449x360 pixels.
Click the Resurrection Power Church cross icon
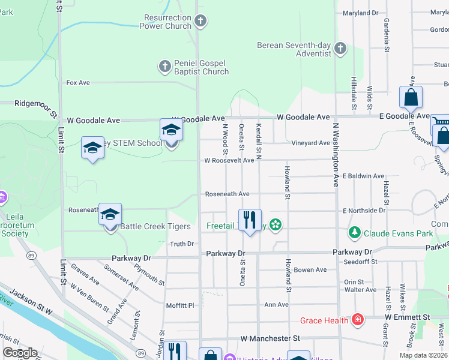[x=201, y=22]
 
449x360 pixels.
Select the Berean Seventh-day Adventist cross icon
[x=340, y=48]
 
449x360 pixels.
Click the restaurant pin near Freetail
[x=250, y=220]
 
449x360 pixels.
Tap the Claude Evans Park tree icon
[x=354, y=232]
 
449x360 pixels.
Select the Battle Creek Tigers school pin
[x=110, y=215]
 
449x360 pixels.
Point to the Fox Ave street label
[x=78, y=83]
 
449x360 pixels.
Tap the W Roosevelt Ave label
[x=229, y=160]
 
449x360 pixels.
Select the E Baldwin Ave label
[x=363, y=176]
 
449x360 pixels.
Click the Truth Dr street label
[x=182, y=244]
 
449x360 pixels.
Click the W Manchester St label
[x=270, y=339]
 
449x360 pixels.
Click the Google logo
[x=20, y=353]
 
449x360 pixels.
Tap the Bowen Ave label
[x=310, y=270]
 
